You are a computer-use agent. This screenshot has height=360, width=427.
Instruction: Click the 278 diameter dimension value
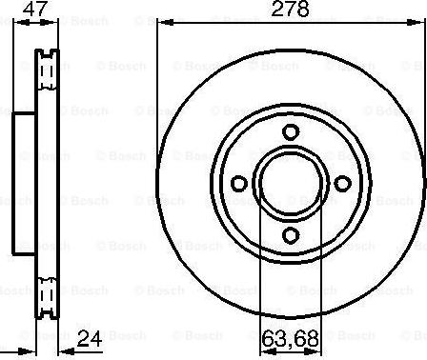click(291, 9)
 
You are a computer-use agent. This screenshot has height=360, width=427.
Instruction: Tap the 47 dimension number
click(35, 9)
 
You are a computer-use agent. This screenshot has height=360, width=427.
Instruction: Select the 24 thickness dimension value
click(90, 338)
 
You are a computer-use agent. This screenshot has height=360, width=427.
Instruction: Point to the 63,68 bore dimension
click(291, 338)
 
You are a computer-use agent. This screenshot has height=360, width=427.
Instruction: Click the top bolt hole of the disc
click(291, 131)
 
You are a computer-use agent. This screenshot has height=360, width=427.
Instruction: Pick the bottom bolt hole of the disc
click(291, 235)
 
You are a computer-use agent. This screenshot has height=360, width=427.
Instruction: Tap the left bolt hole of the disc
click(239, 184)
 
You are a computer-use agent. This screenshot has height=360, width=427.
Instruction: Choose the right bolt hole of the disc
click(343, 184)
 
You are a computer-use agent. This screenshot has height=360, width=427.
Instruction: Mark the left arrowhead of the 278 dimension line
click(166, 23)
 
